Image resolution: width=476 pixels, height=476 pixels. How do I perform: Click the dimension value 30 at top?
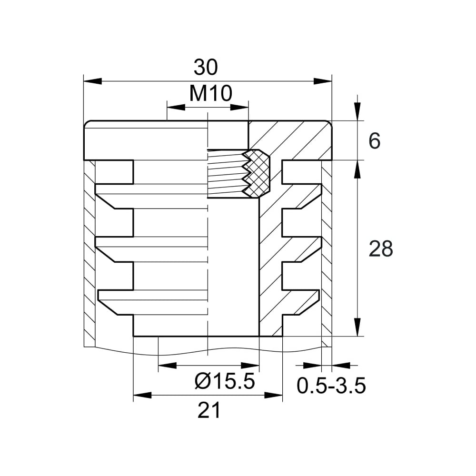(x=206, y=68)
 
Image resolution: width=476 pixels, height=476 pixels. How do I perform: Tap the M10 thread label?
(x=211, y=93)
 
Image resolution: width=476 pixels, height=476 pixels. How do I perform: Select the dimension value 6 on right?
(x=374, y=141)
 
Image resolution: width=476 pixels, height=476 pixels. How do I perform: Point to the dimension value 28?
(x=381, y=248)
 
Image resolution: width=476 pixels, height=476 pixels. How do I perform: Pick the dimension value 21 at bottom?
(x=208, y=410)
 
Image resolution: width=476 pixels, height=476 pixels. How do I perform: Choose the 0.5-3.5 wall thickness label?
(x=331, y=386)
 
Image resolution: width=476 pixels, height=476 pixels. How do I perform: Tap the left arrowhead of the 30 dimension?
(x=93, y=81)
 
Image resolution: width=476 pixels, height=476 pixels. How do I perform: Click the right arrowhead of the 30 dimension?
(x=323, y=81)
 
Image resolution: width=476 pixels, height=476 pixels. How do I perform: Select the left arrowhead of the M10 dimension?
(x=176, y=108)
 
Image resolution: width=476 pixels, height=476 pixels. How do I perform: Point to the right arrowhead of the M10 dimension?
(x=239, y=108)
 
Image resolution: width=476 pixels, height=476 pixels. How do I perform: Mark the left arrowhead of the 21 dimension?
(x=142, y=395)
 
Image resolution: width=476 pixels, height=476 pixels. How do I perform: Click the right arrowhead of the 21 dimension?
(x=274, y=395)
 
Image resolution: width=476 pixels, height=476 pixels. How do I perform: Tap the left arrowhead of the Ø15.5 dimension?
(x=167, y=365)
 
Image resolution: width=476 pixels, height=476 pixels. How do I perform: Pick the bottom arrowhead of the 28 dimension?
(x=357, y=327)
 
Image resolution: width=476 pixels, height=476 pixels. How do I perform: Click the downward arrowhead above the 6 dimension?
(x=357, y=112)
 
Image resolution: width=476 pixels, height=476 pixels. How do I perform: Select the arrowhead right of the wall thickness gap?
(x=341, y=365)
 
